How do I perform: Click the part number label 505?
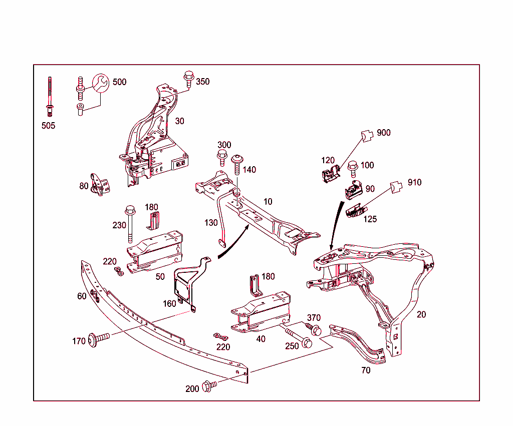(x=48, y=126)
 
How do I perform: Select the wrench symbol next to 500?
(x=99, y=83)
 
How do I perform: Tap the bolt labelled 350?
(x=189, y=80)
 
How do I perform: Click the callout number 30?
(x=179, y=121)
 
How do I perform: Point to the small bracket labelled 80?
(x=100, y=185)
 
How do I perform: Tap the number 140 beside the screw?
(x=249, y=170)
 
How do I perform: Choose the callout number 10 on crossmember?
(x=268, y=202)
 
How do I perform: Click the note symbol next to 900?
(x=367, y=135)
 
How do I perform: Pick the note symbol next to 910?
(x=397, y=186)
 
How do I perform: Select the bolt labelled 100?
(x=352, y=169)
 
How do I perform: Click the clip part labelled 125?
(x=356, y=211)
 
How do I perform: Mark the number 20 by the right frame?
(x=421, y=314)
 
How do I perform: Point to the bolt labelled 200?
(x=209, y=386)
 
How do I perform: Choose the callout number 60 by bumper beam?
(x=82, y=296)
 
